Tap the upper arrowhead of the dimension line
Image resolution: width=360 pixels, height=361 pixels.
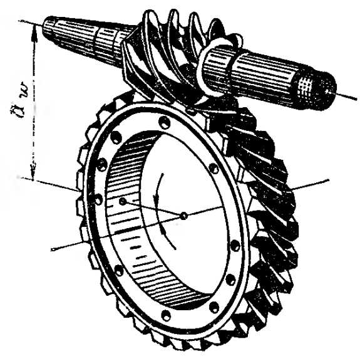(x=34, y=32)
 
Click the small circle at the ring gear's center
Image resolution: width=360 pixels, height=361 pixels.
(x=183, y=216)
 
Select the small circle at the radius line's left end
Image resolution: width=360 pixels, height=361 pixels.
(x=123, y=202)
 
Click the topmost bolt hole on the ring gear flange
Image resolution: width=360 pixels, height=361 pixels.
(x=165, y=122)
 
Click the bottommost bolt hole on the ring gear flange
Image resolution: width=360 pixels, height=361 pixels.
(x=166, y=315)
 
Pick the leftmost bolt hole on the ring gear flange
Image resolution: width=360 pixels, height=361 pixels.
(x=96, y=199)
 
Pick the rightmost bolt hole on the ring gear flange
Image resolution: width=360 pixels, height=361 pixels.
(x=235, y=246)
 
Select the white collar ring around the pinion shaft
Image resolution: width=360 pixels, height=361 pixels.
(x=215, y=67)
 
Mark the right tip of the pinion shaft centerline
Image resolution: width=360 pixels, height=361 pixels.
(x=356, y=100)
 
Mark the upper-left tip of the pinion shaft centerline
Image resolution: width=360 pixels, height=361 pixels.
(x=19, y=21)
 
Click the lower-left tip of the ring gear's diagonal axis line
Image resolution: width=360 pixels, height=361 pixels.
(x=53, y=249)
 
